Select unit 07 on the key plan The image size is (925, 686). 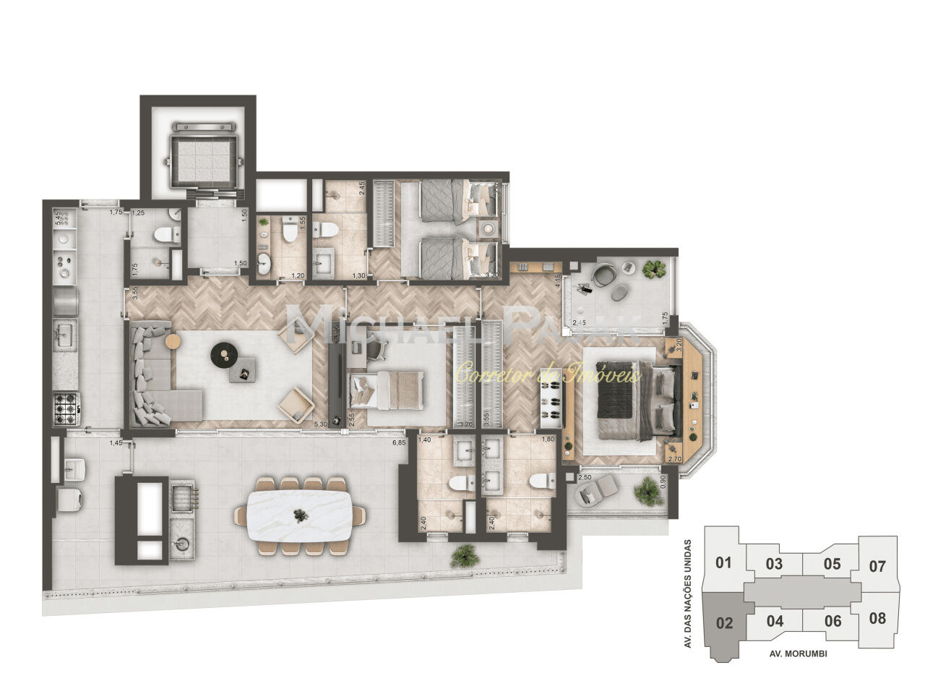877,565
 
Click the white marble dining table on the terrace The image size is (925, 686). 300,515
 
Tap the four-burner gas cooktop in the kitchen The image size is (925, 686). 66,409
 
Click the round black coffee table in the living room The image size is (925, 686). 223,353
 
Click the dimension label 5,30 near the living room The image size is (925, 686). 322,425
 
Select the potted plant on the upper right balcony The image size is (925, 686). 655,270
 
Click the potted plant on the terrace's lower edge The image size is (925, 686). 464,556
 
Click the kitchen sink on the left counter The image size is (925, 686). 65,335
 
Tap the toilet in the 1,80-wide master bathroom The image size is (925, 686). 540,480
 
